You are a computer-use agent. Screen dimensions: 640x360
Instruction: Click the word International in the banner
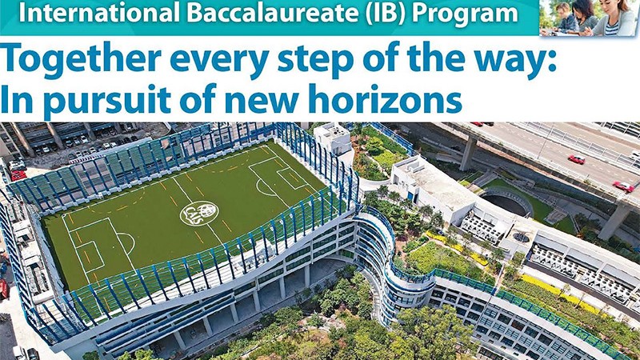pos(99,13)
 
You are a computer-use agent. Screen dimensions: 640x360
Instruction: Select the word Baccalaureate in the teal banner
pos(274,13)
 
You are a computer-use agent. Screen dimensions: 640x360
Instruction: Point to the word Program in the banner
pos(465,14)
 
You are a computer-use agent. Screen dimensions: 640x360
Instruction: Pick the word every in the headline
pos(219,62)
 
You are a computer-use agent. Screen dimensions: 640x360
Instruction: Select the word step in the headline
pos(314,62)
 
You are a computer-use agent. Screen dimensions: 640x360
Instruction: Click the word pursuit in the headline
pos(106,100)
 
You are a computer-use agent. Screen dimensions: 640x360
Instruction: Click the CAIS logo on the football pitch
pos(199,214)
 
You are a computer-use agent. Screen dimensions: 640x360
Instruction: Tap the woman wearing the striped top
pos(612,18)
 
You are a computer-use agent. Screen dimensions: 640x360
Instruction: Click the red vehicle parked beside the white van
pos(18,175)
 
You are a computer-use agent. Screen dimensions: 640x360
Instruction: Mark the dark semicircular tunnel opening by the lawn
pos(506,203)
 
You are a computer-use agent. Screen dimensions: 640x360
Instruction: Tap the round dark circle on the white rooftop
pos(521,237)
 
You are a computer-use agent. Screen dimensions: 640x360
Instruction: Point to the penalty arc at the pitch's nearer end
pos(128,242)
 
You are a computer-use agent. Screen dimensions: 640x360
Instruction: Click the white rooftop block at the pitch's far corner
pos(334,138)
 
